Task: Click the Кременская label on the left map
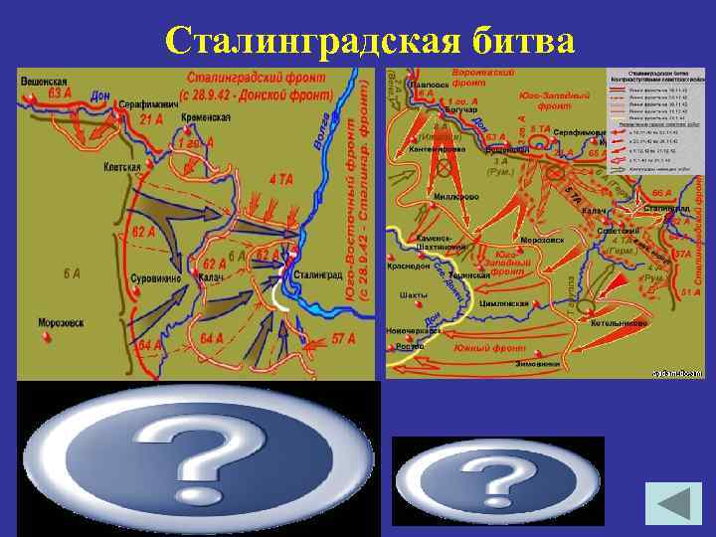click(207, 117)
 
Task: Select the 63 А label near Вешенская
click(61, 92)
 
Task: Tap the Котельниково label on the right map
click(622, 323)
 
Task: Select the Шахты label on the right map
click(413, 294)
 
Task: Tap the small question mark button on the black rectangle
click(497, 480)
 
